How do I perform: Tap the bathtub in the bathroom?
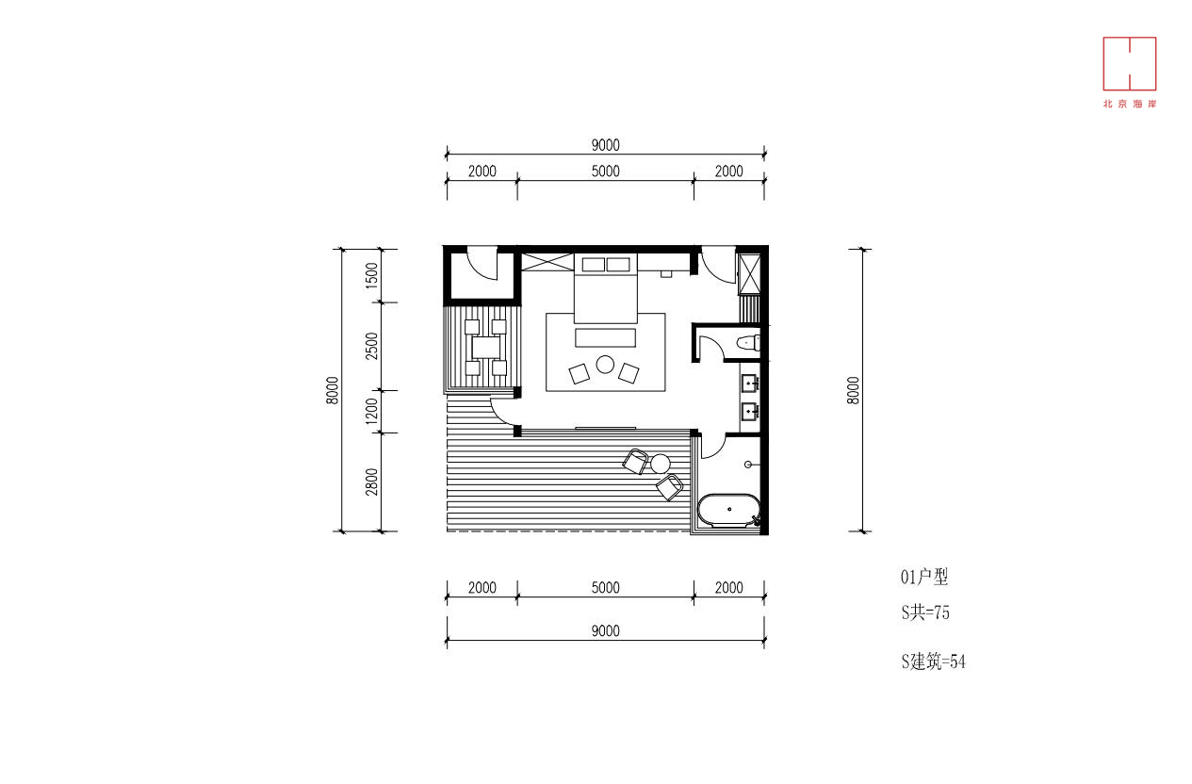tap(729, 511)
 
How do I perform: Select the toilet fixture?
tap(749, 343)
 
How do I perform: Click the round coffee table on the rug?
tap(605, 365)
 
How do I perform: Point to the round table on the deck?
tap(661, 464)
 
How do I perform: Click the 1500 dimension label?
tap(371, 276)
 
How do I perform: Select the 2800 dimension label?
tap(371, 482)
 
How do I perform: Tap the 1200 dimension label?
tap(371, 412)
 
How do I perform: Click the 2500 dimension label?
tap(371, 346)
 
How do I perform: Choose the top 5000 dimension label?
tap(606, 171)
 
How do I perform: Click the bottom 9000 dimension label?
tap(606, 631)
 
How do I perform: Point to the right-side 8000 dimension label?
tap(853, 391)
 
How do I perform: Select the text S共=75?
tap(925, 612)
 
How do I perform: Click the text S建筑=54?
tap(934, 661)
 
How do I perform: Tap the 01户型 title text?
tap(924, 577)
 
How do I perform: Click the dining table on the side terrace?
tap(486, 348)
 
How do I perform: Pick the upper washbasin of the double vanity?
tap(750, 383)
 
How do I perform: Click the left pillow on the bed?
tap(594, 265)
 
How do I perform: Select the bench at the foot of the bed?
tap(606, 338)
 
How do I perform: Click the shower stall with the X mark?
tap(749, 274)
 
